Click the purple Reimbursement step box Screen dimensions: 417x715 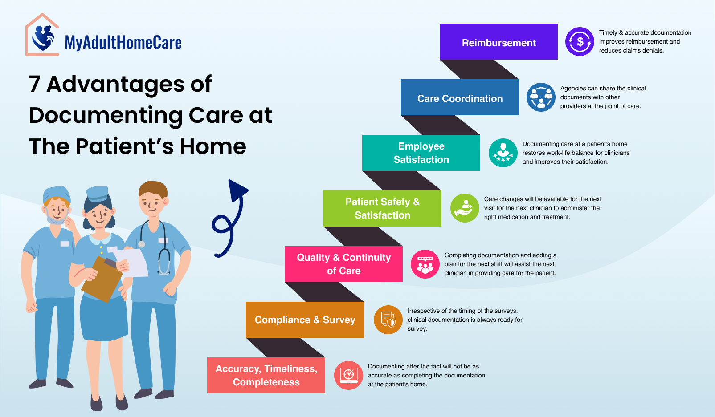(x=498, y=42)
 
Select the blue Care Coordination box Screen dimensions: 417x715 (x=460, y=97)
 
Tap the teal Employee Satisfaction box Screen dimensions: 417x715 (x=421, y=153)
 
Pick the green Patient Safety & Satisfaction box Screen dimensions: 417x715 (x=382, y=208)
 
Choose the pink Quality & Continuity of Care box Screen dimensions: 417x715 (x=343, y=264)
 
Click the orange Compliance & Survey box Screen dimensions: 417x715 (x=305, y=320)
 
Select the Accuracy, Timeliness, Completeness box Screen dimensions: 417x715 (x=266, y=375)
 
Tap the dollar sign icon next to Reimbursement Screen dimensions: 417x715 (x=580, y=42)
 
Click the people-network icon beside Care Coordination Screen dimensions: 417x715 (x=541, y=97)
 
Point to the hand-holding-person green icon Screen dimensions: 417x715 (x=465, y=208)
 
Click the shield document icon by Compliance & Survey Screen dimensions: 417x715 (x=388, y=320)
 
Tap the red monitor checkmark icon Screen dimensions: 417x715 (x=348, y=375)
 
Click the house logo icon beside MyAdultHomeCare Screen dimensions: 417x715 (x=42, y=36)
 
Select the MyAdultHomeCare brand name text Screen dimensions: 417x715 (x=123, y=43)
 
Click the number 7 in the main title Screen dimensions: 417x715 (x=35, y=84)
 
